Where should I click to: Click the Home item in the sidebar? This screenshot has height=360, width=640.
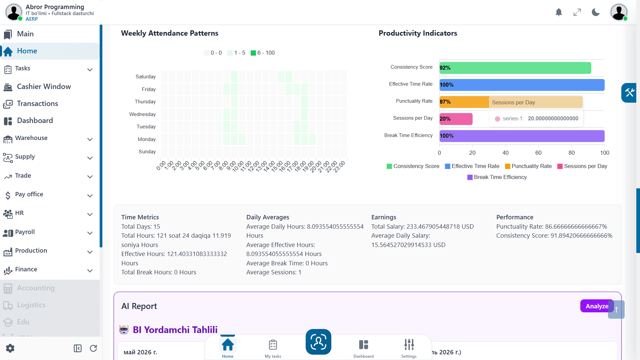point(50,51)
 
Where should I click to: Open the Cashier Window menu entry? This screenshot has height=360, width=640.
point(44,87)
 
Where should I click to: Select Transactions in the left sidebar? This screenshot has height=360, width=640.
point(37,104)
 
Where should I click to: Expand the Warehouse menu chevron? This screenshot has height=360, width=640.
point(90,139)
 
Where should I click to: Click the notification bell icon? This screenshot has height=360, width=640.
point(559,12)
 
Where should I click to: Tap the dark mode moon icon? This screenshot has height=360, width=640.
point(596,12)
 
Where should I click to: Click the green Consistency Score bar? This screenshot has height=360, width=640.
point(515,68)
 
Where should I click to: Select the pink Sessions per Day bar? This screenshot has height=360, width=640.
point(456,119)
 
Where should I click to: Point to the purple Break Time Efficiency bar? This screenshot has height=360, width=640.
point(522,136)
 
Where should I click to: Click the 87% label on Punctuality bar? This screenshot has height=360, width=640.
point(445,102)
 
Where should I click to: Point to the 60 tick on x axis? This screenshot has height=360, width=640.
point(538,153)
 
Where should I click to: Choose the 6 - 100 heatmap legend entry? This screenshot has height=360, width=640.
point(263,53)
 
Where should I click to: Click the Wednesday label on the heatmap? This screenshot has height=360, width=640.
point(142,114)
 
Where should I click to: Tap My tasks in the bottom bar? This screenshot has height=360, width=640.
point(273,348)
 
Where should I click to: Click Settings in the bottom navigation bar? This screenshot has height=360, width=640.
point(409,348)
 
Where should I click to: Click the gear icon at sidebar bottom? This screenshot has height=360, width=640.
point(10,348)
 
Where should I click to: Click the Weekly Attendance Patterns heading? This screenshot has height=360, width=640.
point(170,33)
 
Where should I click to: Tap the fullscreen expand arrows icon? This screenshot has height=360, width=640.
point(577,12)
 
